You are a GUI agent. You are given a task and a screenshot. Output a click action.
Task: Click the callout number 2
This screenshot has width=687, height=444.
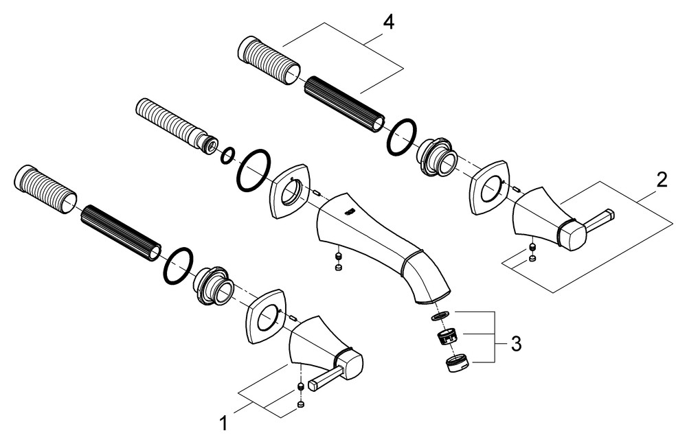(661, 180)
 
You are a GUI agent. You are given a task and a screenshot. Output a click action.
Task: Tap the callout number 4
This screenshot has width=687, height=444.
(388, 22)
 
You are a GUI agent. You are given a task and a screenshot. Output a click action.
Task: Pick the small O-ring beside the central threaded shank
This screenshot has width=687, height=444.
(227, 156)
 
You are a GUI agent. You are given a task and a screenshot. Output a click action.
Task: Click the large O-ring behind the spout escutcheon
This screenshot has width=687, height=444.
(254, 171)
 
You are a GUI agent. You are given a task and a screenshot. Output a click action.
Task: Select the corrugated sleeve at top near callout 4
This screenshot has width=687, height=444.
(268, 58)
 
